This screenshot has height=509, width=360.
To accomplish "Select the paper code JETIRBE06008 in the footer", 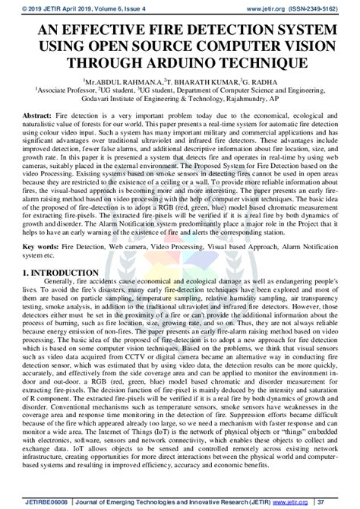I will (31, 501).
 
